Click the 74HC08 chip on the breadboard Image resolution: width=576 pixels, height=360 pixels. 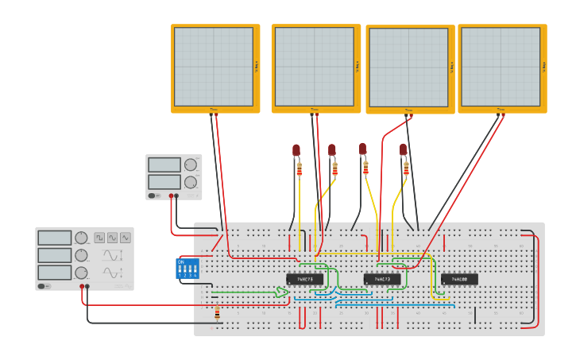(x=459, y=279)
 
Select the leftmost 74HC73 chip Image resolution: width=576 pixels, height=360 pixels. (x=305, y=279)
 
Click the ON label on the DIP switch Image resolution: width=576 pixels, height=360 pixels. (x=181, y=261)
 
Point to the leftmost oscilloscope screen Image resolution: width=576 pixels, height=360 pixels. (x=214, y=67)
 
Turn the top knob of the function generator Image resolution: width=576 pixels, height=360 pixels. (x=81, y=238)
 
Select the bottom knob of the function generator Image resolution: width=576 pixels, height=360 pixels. (x=81, y=273)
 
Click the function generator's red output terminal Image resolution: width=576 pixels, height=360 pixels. (x=82, y=286)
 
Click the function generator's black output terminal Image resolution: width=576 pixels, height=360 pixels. (x=87, y=286)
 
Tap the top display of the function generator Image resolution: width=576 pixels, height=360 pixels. (x=55, y=238)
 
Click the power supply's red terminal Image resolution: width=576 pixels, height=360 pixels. (x=171, y=195)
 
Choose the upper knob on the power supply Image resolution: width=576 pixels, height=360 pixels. (x=190, y=165)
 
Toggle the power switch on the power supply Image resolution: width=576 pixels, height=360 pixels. (x=153, y=195)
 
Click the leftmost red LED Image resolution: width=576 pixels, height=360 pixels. (x=296, y=149)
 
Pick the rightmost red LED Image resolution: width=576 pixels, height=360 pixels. (x=403, y=149)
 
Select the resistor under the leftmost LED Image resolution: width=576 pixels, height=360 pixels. (x=299, y=169)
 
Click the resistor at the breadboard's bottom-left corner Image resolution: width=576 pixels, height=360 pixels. (x=218, y=315)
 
